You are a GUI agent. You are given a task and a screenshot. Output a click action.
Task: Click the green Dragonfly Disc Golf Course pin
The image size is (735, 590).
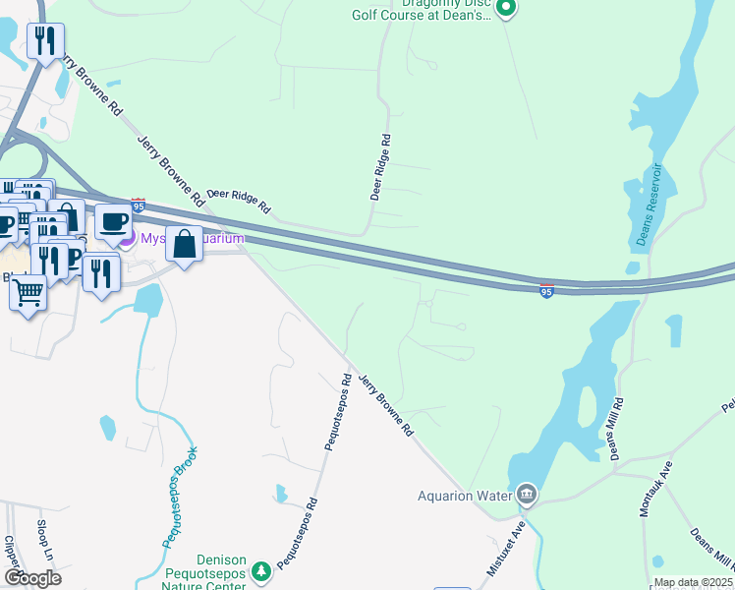[x=506, y=9]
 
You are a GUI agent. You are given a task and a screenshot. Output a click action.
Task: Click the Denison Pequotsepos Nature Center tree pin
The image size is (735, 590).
[x=260, y=570]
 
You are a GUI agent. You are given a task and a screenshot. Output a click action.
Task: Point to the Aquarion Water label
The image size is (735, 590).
[x=467, y=495]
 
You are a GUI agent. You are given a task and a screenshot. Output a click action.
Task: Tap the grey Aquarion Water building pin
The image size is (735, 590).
[x=527, y=493]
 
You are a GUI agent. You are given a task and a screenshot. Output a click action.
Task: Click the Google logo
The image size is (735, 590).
[x=32, y=577]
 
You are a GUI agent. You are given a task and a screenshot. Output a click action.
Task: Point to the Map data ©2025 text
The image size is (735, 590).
[x=693, y=582]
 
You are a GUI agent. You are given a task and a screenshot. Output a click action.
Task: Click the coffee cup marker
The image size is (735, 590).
[x=113, y=221]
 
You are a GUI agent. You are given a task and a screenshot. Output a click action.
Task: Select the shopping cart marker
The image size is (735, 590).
[x=28, y=291]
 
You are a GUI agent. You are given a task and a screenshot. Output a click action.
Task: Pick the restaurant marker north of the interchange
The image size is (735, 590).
[x=45, y=40]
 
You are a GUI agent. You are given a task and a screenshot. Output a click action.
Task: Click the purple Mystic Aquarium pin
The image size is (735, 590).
[x=125, y=239]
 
